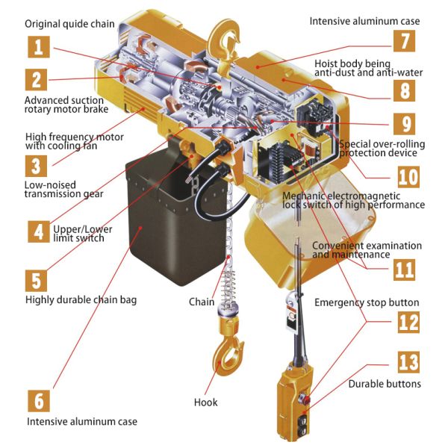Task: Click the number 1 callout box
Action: click(x=40, y=47)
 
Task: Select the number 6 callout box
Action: click(x=40, y=400)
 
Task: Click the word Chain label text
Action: click(x=201, y=302)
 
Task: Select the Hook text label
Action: click(x=206, y=402)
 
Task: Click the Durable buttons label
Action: click(x=385, y=384)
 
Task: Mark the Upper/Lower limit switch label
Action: click(x=84, y=233)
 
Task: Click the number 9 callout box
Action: click(x=404, y=122)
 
